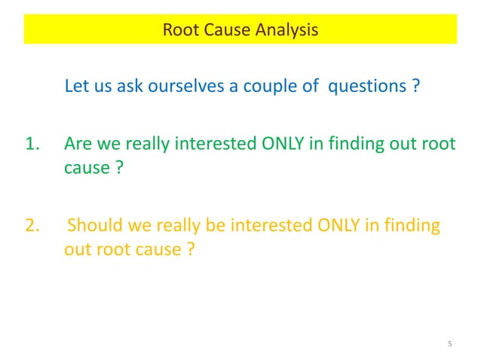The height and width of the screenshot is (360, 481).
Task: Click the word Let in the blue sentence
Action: click(x=78, y=86)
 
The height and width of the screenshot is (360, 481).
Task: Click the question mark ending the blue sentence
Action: click(x=415, y=86)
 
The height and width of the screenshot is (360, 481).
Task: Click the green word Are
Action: click(x=78, y=144)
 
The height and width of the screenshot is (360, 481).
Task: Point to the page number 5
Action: click(x=450, y=344)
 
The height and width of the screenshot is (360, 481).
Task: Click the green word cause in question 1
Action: click(x=84, y=167)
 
